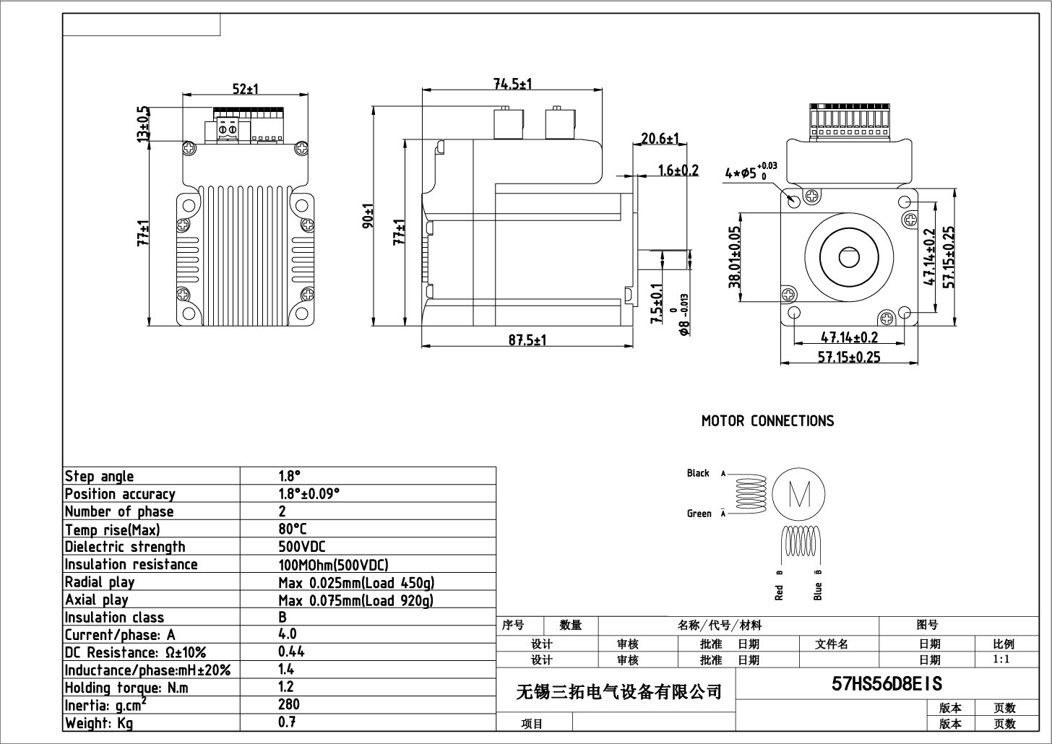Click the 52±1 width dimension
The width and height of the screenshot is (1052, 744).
[x=246, y=89]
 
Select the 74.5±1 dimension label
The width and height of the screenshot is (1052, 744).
[x=512, y=84]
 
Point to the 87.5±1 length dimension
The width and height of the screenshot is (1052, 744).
[x=527, y=340]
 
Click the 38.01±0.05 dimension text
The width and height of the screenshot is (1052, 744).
[x=735, y=257]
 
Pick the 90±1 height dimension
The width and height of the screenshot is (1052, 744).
[x=368, y=216]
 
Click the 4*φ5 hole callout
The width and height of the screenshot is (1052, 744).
[x=750, y=173]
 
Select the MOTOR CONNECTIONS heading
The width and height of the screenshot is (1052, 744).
[x=767, y=421]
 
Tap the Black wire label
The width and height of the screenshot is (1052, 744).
[x=698, y=473]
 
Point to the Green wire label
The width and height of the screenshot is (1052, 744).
[x=699, y=514]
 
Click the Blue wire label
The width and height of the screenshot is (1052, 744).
[x=818, y=591]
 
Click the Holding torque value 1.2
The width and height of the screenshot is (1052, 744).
[x=286, y=687]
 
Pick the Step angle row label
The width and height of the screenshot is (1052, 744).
[x=99, y=476]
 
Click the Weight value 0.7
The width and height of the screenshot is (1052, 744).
[x=287, y=722]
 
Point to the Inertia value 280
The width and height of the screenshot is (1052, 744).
[x=289, y=704]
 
